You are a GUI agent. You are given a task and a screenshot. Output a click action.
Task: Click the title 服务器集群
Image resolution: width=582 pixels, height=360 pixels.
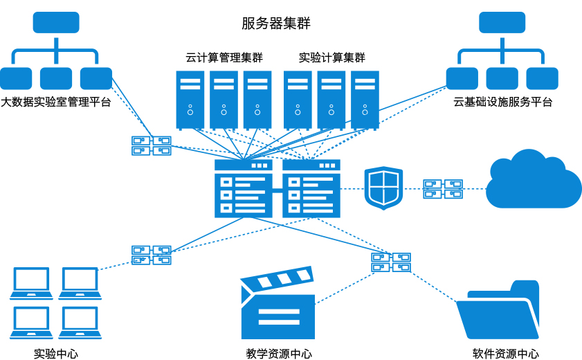tap(276, 23)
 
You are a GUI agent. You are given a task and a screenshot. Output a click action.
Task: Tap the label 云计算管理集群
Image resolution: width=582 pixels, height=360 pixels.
tap(224, 57)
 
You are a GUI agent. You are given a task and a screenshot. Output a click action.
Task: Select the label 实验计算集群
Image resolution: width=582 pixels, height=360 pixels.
tap(331, 57)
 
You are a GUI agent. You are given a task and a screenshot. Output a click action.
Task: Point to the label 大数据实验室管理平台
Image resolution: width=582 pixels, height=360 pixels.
tap(55, 102)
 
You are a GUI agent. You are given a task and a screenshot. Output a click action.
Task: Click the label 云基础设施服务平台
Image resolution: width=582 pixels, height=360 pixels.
tap(502, 102)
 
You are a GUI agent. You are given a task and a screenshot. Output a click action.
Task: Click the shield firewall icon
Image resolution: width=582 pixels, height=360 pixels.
tap(383, 188)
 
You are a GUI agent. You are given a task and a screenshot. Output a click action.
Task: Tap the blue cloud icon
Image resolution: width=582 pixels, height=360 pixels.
tap(534, 179)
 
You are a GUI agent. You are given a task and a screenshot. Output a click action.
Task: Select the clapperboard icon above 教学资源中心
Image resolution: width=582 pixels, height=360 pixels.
tap(278, 303)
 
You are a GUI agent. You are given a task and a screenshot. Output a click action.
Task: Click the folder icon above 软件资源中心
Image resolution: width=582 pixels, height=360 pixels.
tap(498, 309)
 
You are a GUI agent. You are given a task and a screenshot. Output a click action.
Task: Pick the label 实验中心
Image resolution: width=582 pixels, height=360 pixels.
tap(55, 354)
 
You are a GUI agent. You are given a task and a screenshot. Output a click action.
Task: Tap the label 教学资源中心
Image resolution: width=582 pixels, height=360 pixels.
tap(279, 354)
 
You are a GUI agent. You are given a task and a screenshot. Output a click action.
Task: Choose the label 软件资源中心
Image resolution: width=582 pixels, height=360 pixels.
tap(506, 354)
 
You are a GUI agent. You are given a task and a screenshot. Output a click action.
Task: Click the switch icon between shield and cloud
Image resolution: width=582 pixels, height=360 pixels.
tap(443, 188)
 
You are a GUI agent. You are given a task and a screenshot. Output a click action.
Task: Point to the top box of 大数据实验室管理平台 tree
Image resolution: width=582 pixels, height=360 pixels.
tap(56, 22)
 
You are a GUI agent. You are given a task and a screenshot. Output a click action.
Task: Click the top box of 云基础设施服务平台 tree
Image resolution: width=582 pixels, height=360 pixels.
tap(502, 22)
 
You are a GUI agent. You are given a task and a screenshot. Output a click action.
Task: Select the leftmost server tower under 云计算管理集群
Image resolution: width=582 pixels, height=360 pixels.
tap(190, 100)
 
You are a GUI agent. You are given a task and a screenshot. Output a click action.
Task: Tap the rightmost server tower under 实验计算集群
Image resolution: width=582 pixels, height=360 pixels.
tap(365, 100)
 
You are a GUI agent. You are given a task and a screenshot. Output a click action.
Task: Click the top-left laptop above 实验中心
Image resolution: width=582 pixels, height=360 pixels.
tap(31, 283)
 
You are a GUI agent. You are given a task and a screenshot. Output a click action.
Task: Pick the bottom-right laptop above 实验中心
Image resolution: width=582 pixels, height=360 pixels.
tap(80, 323)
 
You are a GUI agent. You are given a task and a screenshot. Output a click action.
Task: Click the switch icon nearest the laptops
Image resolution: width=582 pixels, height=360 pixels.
tap(152, 255)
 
